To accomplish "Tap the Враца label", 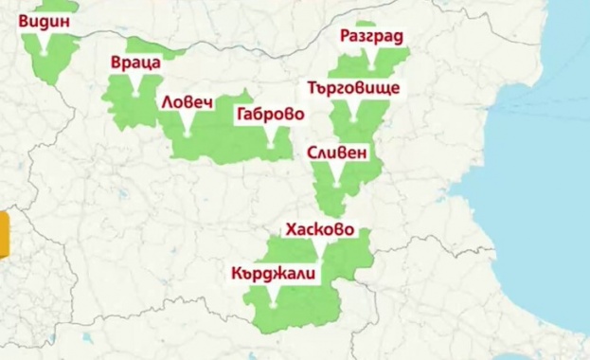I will tap(135, 63).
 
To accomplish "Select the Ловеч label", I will tap(187, 101).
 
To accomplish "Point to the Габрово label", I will tap(271, 114).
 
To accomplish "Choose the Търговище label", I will tap(354, 88).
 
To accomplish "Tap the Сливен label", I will tap(337, 153).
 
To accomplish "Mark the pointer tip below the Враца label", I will tap(136, 96).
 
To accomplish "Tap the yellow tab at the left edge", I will tap(4, 236).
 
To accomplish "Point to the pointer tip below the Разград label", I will tap(372, 68).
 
